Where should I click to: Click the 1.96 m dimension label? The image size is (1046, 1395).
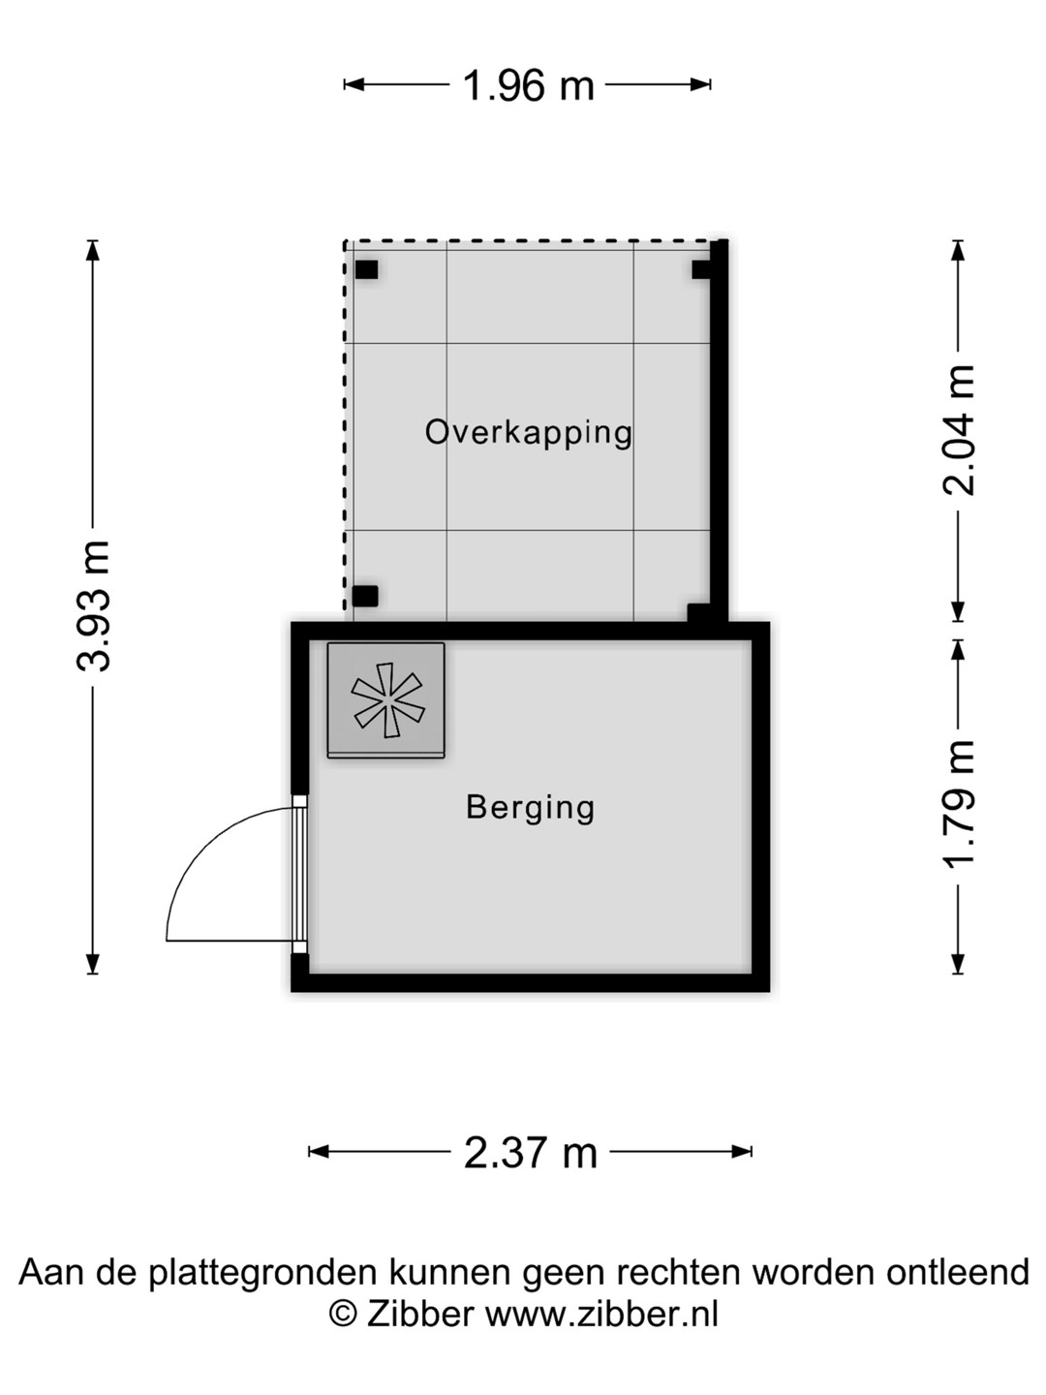529,86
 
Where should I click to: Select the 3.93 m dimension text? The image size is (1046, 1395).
93,606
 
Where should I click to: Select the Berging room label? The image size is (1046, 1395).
531,808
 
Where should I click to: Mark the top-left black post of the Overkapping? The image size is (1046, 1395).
366,269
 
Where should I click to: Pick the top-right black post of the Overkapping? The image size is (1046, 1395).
701,269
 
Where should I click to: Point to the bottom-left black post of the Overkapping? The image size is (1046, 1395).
365,596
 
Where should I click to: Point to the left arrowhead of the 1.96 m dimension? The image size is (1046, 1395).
354,84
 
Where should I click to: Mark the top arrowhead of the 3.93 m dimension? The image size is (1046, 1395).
93,250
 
